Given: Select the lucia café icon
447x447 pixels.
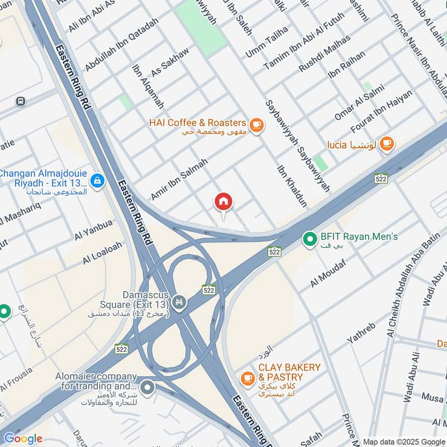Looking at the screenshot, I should point(386,144).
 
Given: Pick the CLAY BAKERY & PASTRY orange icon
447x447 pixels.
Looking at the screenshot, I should point(247,378).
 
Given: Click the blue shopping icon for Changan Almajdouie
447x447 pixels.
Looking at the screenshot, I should point(98,180).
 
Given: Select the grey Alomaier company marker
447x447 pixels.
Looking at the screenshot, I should point(147,386).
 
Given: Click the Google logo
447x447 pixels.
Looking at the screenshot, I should point(22,439).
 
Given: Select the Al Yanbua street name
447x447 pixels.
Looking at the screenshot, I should point(93,230).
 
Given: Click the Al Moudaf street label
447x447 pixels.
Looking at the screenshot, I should point(329,274).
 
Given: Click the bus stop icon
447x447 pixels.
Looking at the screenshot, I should point(21,101).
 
